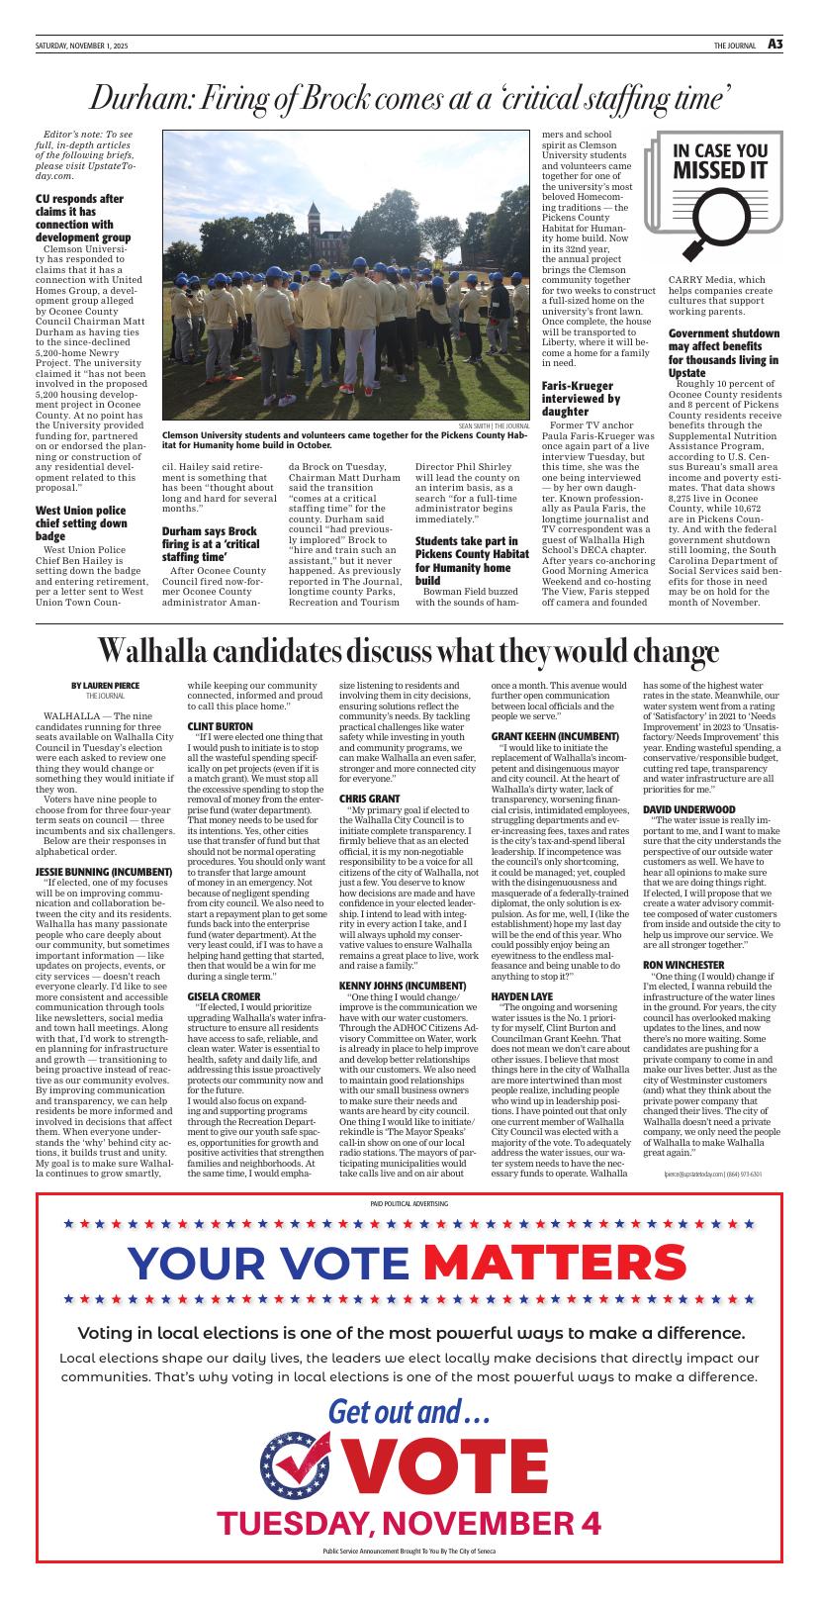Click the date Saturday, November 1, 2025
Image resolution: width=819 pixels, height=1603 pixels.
87,46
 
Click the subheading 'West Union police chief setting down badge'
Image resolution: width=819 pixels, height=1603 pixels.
81,523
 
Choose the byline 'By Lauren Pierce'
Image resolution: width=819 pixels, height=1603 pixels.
105,685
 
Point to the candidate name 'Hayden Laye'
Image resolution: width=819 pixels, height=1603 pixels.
521,995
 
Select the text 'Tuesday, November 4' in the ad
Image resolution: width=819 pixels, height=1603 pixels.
409,1523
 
